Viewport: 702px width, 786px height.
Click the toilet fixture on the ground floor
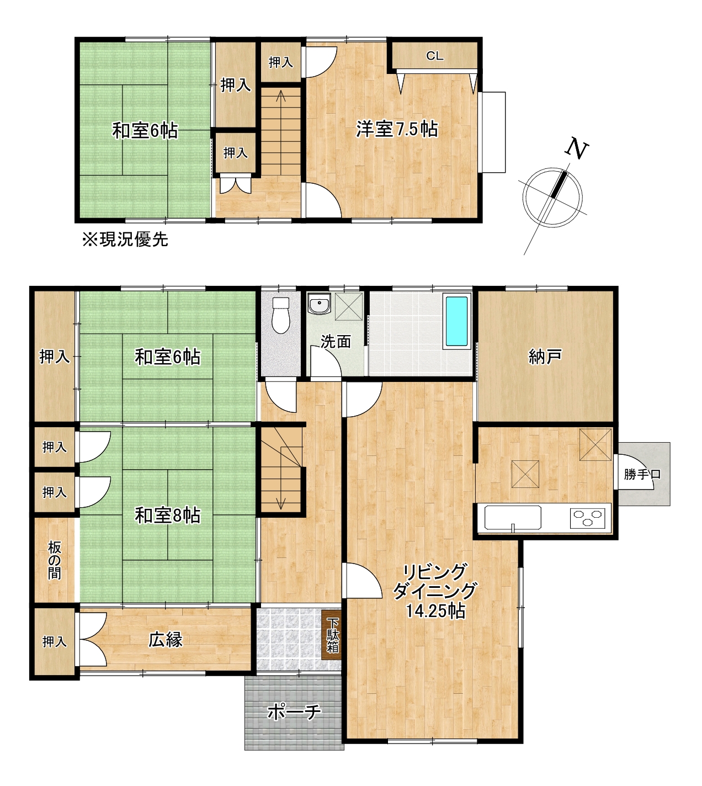[281, 315]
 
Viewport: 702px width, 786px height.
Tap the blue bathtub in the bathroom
[456, 321]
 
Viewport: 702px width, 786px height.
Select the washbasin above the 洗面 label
[319, 304]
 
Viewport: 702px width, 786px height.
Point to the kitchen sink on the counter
[512, 518]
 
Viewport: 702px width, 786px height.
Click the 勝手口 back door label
[642, 474]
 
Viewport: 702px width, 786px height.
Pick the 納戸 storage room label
[545, 357]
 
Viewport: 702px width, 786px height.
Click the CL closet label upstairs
[434, 56]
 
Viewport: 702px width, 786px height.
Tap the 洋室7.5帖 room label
[397, 129]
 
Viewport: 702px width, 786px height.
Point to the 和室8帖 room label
[168, 516]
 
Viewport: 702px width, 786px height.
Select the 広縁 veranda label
[166, 640]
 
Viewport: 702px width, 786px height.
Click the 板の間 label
[54, 561]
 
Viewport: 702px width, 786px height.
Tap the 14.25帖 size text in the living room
[435, 611]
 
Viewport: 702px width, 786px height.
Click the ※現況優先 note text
[125, 240]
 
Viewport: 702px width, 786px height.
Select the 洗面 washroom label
[336, 342]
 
